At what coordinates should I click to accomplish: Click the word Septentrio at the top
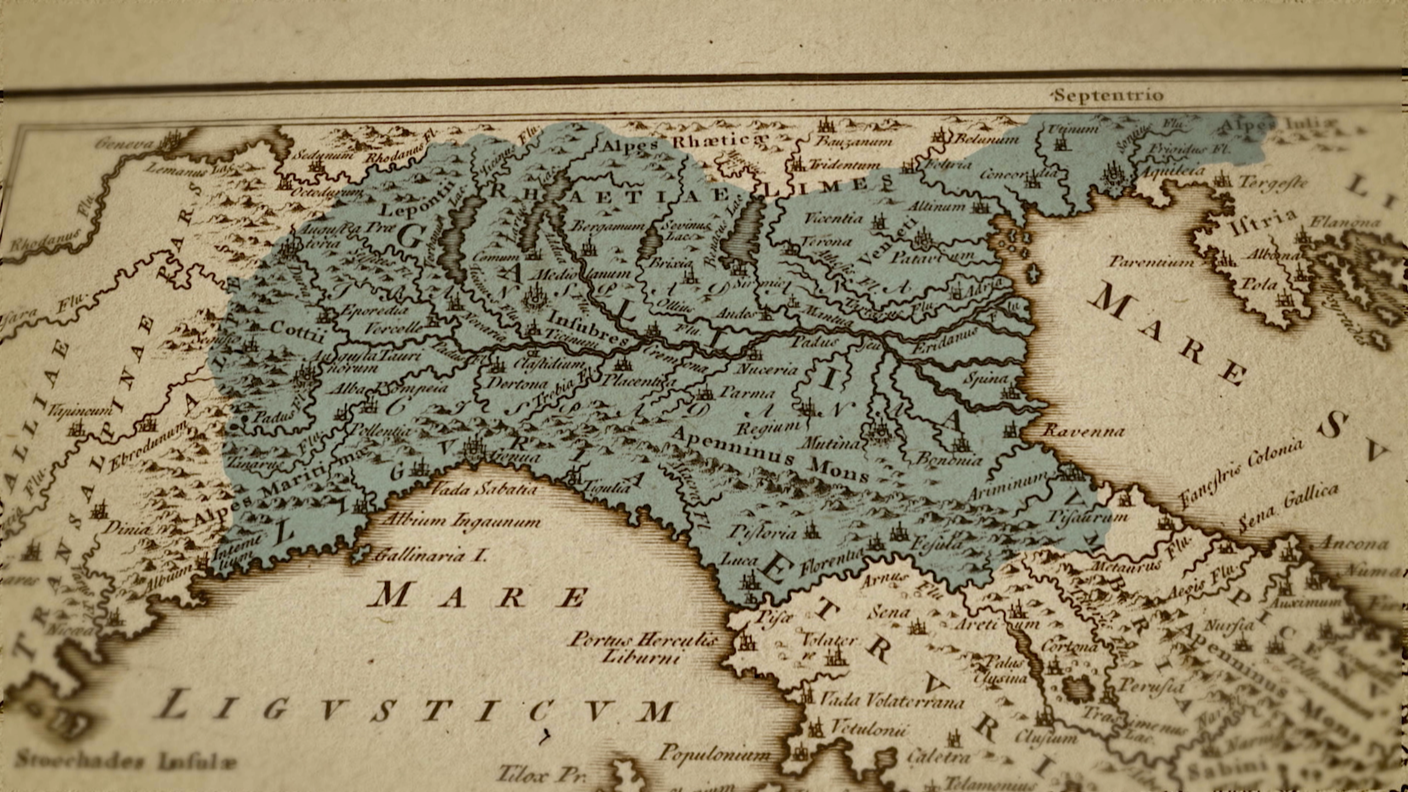click(1108, 95)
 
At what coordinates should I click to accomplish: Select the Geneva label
click(126, 143)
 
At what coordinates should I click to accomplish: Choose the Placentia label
click(633, 380)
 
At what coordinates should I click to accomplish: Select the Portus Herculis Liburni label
click(643, 648)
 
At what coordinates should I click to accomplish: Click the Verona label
click(827, 241)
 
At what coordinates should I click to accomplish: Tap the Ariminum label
click(1008, 490)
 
